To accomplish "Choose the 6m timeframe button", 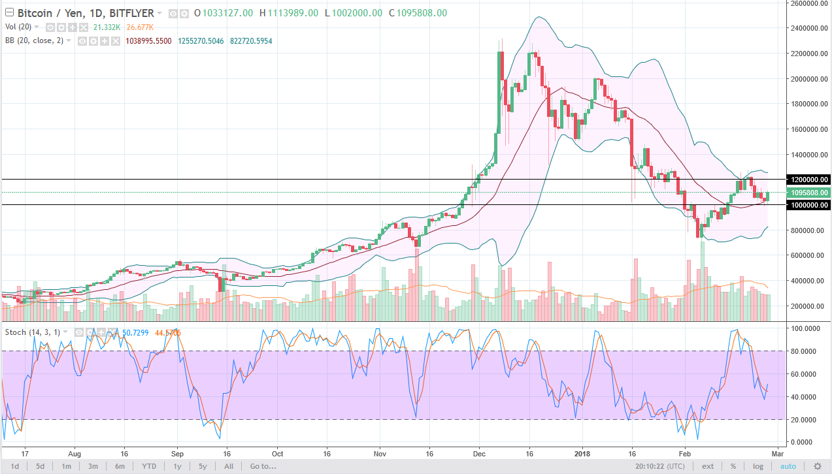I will [x=120, y=466].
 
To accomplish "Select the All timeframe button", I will [x=229, y=466].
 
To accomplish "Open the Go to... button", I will [x=263, y=466].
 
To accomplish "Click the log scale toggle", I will [x=757, y=466].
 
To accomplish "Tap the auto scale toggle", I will [x=788, y=466].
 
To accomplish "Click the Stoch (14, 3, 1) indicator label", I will [x=33, y=332].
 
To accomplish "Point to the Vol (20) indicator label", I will [x=19, y=27].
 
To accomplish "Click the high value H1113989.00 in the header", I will [x=288, y=13].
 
